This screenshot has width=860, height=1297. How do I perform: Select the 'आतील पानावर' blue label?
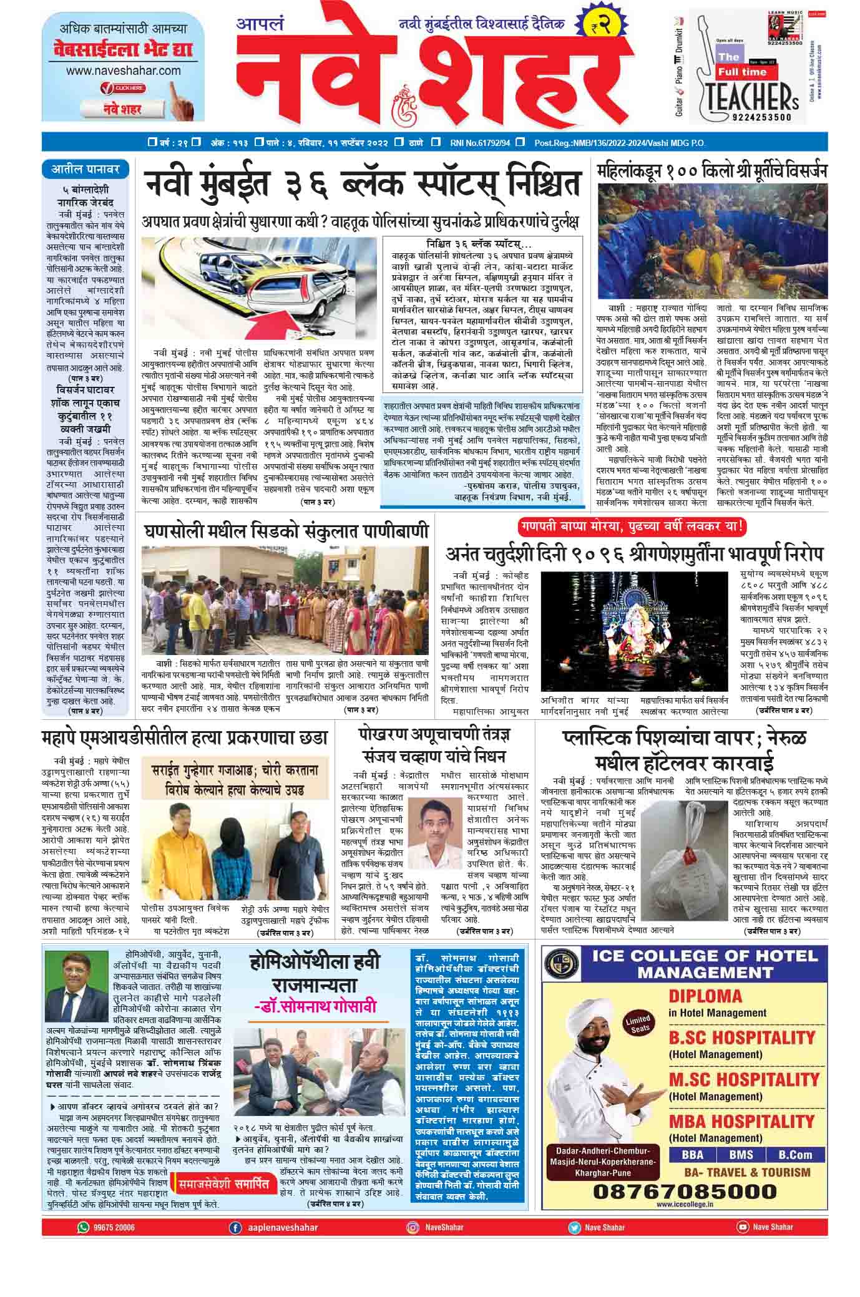pyautogui.click(x=86, y=168)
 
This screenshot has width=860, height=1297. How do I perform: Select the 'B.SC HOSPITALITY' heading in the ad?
pyautogui.click(x=741, y=1038)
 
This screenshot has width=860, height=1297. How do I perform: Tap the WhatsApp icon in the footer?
pyautogui.click(x=83, y=1227)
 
